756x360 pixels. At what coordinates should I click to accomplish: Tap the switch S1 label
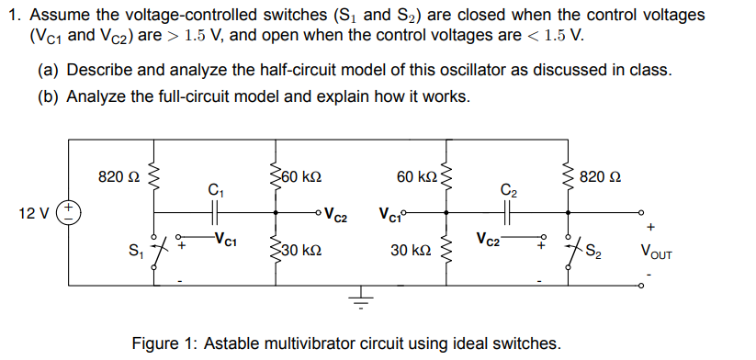pyautogui.click(x=138, y=248)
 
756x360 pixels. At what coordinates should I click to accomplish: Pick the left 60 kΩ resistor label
pyautogui.click(x=304, y=174)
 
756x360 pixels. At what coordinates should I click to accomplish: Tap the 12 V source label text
pyautogui.click(x=34, y=212)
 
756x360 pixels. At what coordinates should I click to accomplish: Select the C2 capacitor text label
pyautogui.click(x=509, y=190)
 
